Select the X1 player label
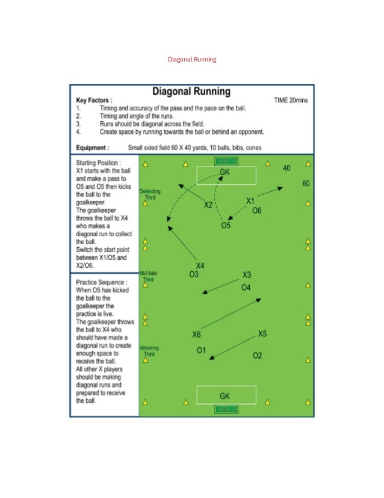pos(251,200)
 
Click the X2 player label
pos(208,205)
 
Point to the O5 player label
pos(226,225)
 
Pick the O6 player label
pos(256,210)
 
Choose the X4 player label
pos(200,266)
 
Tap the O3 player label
pos(194,275)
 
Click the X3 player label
pos(246,275)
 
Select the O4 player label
pos(246,288)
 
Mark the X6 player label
pos(197,335)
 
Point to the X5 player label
pos(262,333)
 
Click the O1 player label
pos(201,350)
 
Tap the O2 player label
pos(257,355)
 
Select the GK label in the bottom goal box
pos(225,396)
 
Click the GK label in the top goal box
pos(225,172)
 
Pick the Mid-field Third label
pos(147,277)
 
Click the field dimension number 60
pos(306,183)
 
